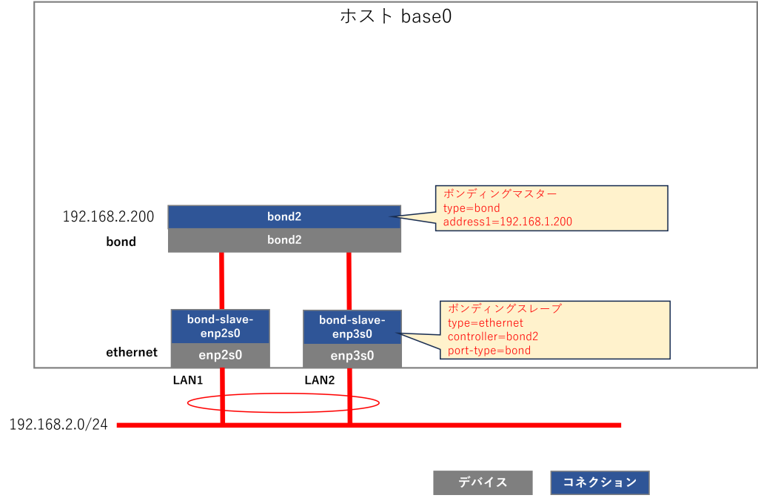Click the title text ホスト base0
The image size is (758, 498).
coord(395,17)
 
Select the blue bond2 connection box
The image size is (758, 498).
coord(284,217)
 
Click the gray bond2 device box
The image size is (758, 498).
coord(284,240)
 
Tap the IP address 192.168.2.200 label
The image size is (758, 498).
coord(108,217)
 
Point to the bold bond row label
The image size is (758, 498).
coord(121,242)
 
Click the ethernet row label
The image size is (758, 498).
coord(132,352)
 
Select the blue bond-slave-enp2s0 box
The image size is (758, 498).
coord(220,326)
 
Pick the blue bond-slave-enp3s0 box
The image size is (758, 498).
coord(352,327)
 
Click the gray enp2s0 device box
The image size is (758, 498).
coord(220,355)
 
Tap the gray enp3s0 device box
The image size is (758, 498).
coord(352,356)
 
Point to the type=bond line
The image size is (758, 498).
coord(472,208)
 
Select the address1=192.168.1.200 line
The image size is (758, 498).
coord(507,222)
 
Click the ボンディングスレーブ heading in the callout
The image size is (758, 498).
coord(494,309)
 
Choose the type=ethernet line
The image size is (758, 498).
coord(485,323)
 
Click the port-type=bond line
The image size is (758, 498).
coord(489,350)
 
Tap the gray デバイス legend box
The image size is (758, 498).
coord(483,482)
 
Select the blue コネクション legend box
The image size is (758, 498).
coord(600,482)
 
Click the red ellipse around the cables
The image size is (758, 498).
coord(283,395)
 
